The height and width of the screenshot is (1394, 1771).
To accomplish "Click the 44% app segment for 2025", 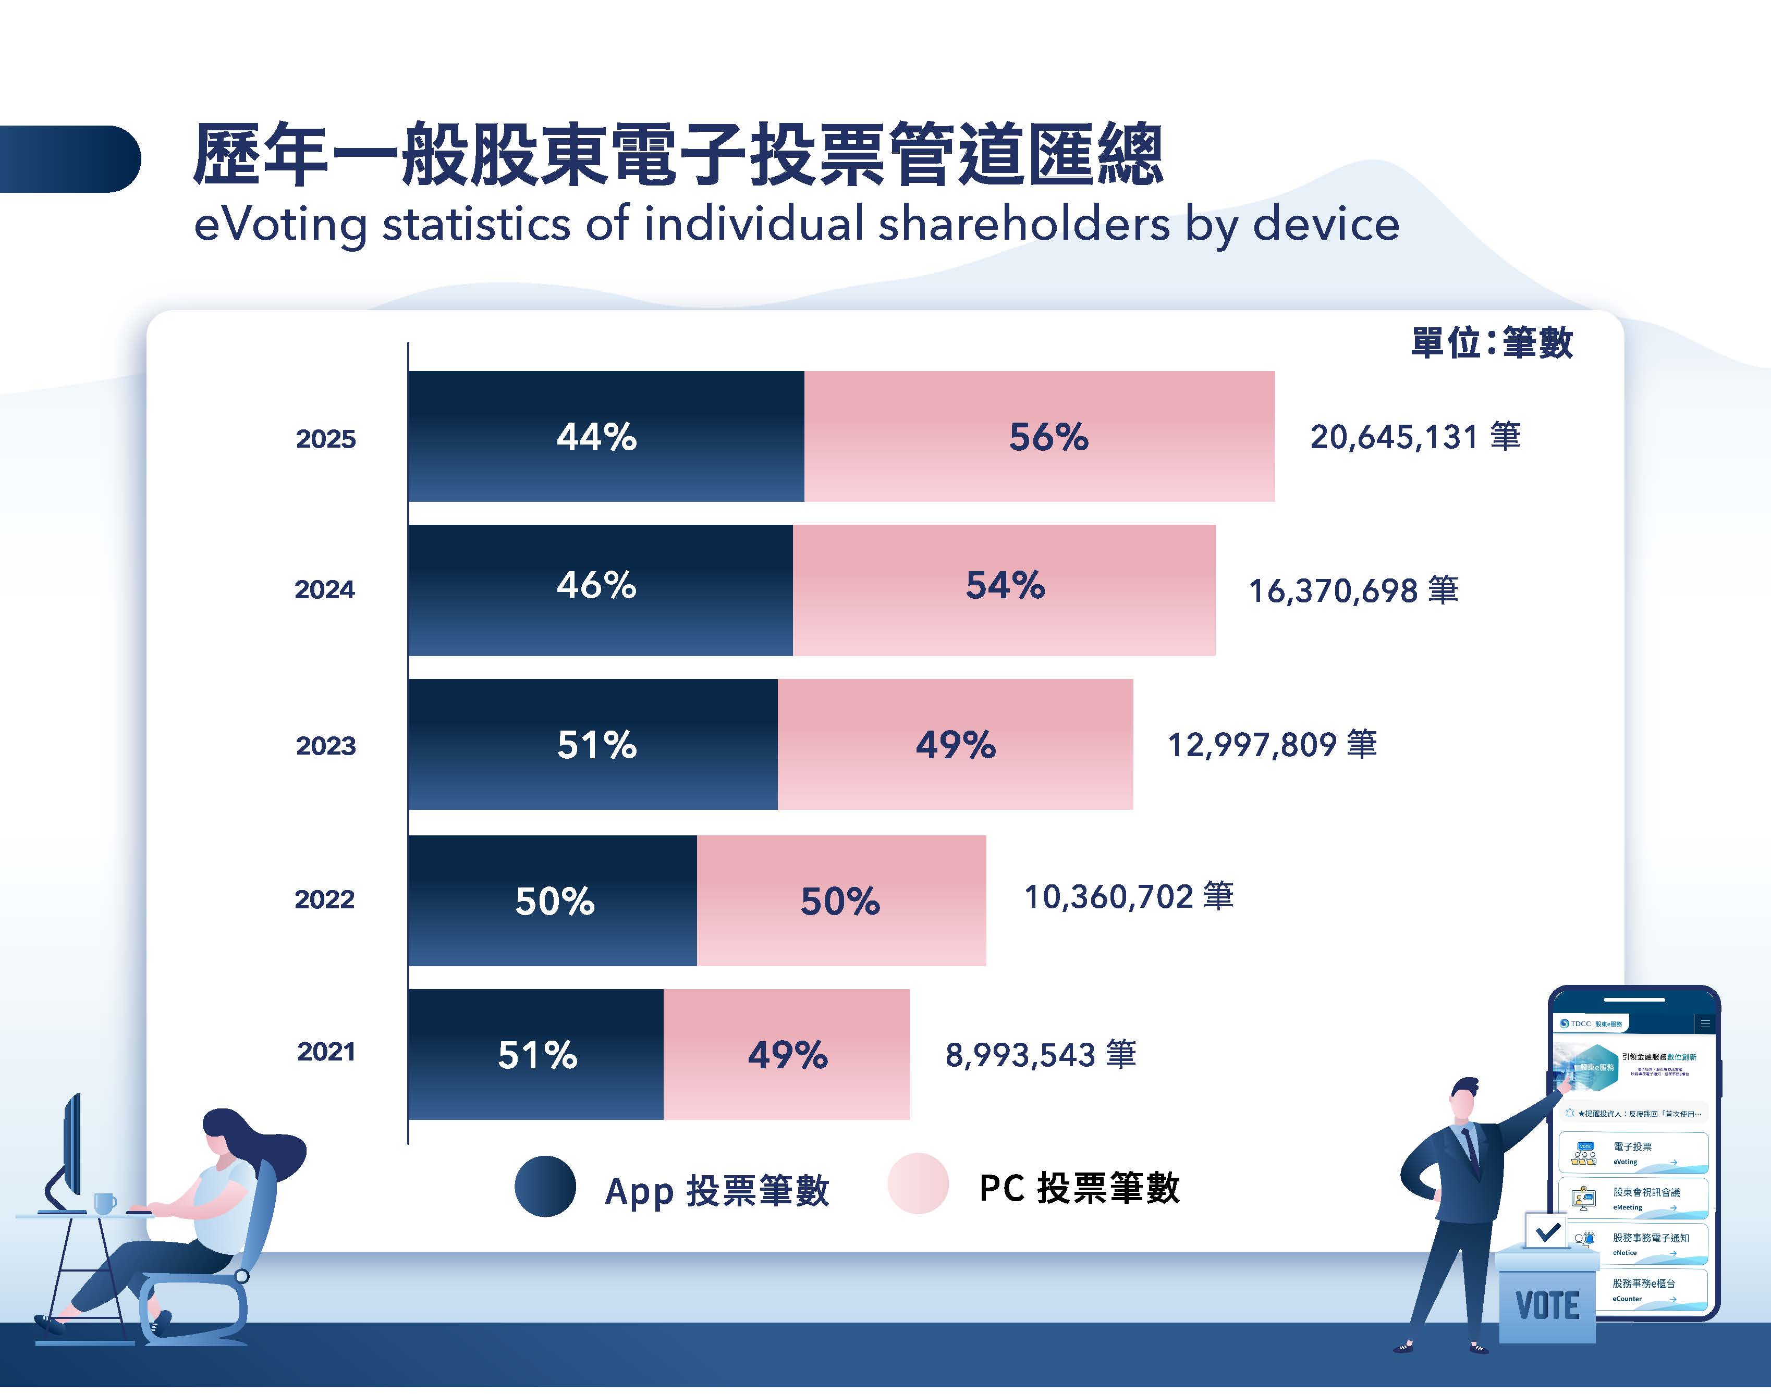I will click(x=606, y=437).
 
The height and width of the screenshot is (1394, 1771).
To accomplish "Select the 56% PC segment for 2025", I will click(x=1039, y=437).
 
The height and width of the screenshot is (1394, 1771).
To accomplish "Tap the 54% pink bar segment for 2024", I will click(x=1004, y=589).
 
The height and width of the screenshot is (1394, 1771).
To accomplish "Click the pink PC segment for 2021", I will click(x=786, y=1054).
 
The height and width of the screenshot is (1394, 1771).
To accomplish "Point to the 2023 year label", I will click(x=326, y=745).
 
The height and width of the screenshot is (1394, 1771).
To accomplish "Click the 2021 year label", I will click(x=326, y=1051).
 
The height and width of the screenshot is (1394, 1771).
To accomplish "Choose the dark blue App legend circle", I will click(x=545, y=1187).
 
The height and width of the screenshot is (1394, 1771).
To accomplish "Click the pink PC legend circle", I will click(x=918, y=1183).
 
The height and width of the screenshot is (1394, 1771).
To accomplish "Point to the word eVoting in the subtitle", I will click(x=280, y=225).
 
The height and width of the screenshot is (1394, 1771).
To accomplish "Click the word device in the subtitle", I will click(x=1326, y=225).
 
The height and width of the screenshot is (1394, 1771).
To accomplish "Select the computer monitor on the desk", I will click(x=72, y=1146).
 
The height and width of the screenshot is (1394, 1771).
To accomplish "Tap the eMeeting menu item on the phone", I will click(x=1632, y=1198).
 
